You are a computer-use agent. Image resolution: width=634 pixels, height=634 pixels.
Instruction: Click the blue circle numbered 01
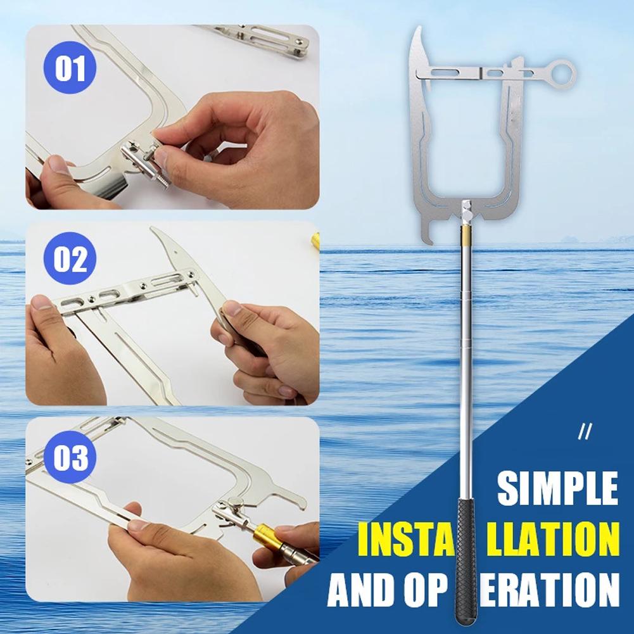70,68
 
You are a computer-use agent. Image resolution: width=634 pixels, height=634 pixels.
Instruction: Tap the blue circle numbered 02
70,260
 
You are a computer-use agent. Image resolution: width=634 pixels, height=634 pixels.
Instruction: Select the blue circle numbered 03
70,458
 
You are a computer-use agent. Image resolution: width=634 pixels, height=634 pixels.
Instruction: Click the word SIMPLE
557,488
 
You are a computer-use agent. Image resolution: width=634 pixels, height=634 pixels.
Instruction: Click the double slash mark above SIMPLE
585,433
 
